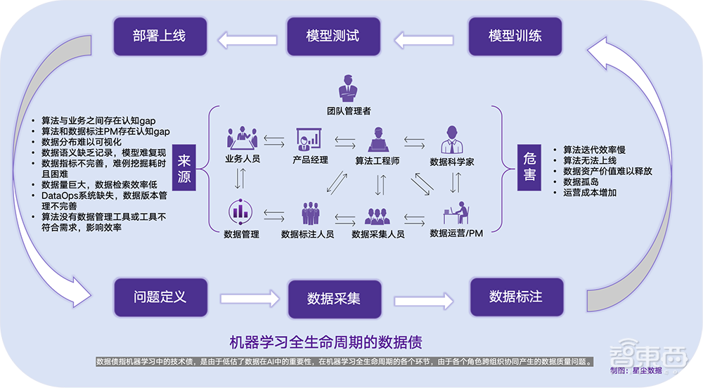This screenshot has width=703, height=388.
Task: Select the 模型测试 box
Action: pos(333,35)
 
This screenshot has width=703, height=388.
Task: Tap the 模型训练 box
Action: pos(515,35)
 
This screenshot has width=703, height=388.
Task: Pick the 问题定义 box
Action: pos(160,296)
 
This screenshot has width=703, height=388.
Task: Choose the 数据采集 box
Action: pos(334,298)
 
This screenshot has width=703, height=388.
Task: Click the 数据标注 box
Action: pos(516,296)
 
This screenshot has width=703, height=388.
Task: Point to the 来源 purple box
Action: pos(184,168)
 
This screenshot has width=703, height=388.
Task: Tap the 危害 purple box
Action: pos(529,168)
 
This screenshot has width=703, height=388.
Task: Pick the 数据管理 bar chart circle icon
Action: pos(240,212)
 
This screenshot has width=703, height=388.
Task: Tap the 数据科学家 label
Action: pos(451,162)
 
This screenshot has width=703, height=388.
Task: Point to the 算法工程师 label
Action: pos(378,160)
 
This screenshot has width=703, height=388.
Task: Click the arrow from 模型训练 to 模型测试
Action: pos(424,39)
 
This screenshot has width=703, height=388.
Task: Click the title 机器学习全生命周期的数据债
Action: pos(326,342)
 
